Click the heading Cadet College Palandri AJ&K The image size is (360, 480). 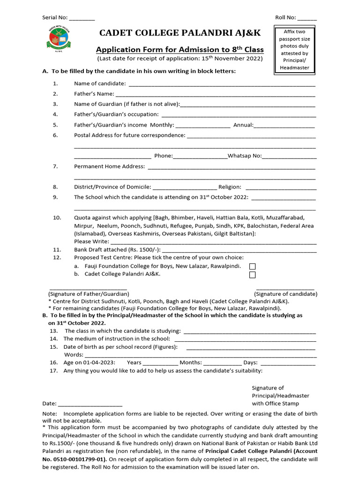[x=180, y=32]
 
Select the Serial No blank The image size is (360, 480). [x=82, y=19]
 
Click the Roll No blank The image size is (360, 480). [x=307, y=19]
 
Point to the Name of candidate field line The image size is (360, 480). [x=222, y=85]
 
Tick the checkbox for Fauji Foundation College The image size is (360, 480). [x=253, y=267]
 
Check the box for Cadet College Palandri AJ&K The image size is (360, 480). [x=253, y=275]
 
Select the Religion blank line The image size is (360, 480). [x=281, y=188]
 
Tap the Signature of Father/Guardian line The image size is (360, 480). [x=88, y=289]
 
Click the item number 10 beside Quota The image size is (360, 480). [x=57, y=218]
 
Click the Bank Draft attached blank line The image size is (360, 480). [x=239, y=251]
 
